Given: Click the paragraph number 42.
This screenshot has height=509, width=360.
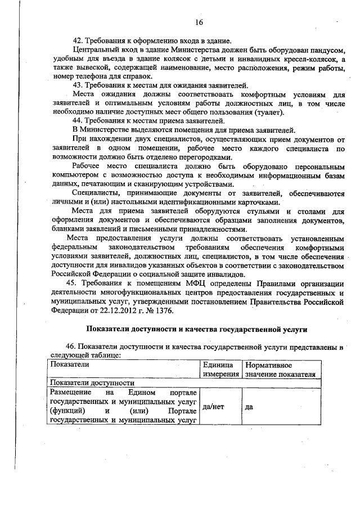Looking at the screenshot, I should (x=79, y=41).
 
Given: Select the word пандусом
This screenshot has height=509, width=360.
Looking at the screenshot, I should (x=324, y=50).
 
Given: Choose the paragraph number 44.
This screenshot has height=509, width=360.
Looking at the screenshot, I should (x=79, y=120).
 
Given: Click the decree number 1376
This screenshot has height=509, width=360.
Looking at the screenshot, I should (x=163, y=310).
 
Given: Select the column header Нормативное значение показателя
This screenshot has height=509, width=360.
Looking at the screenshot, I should (x=279, y=370).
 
